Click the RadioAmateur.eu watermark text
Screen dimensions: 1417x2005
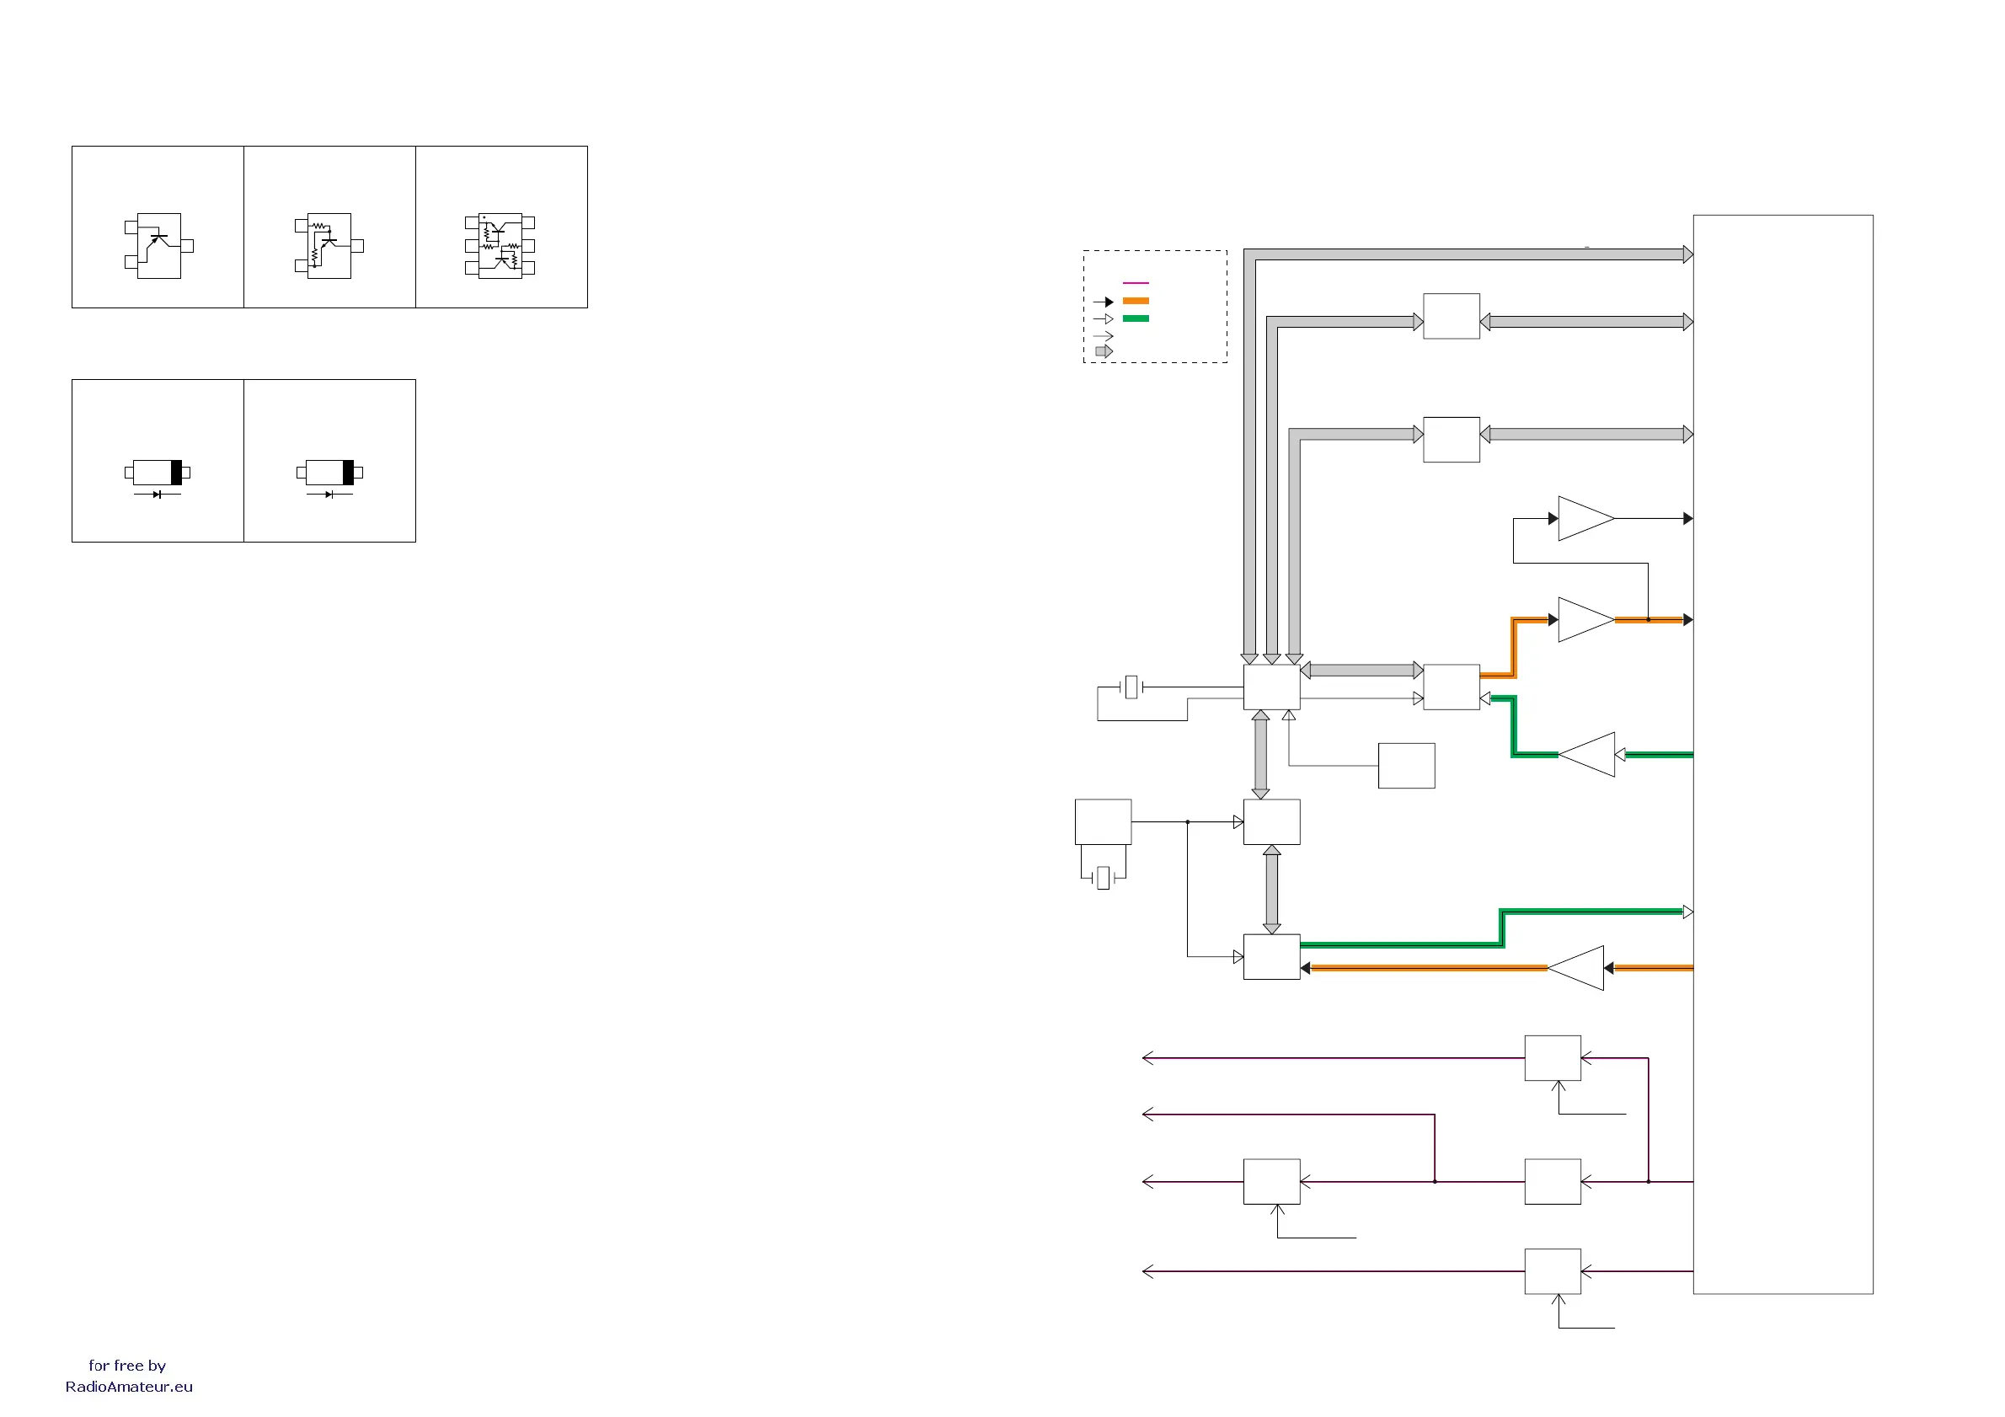129,1387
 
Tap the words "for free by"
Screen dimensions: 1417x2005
127,1366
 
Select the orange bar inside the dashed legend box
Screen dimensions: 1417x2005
1136,302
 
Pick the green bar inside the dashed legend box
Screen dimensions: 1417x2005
1136,318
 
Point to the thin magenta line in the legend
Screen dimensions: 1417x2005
1136,283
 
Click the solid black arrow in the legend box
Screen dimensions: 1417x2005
1104,302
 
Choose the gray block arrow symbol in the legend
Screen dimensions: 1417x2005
1104,351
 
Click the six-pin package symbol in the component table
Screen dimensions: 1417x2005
500,245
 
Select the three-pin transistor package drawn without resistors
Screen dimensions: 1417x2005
159,245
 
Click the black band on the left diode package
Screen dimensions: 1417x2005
176,473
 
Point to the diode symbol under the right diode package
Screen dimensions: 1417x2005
329,495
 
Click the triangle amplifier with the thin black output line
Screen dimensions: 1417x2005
1585,519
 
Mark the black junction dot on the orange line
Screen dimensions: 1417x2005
1648,620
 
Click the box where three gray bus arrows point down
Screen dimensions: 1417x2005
1271,687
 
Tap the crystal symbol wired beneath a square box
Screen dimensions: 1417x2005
1104,878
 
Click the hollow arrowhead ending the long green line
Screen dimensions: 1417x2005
1688,912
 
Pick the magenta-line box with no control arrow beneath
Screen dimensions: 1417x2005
1553,1182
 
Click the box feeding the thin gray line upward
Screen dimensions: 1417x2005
1406,766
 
